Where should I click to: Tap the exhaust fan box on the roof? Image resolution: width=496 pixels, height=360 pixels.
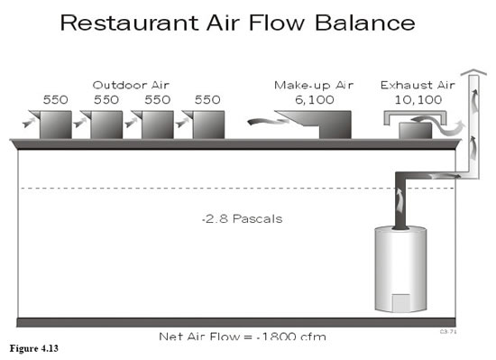click(x=415, y=131)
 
